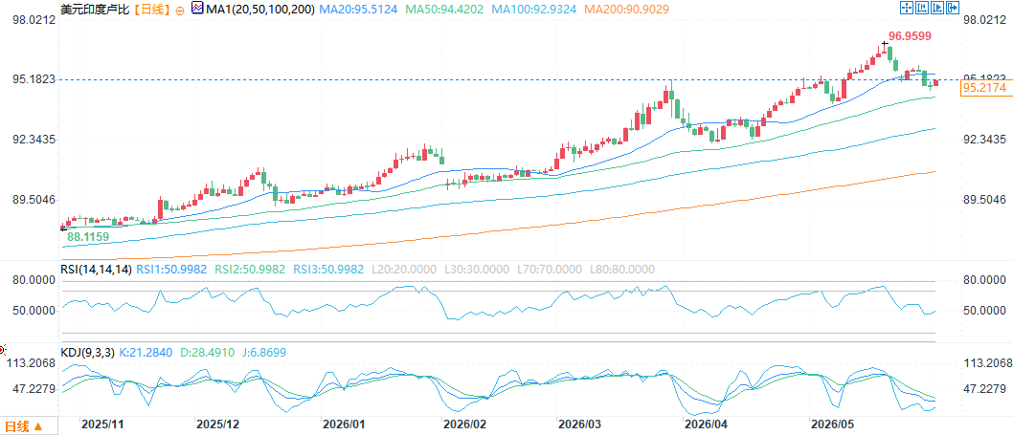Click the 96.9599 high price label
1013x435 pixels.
coord(910,36)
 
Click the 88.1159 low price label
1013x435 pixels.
coord(88,237)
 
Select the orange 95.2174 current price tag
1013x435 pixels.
coord(984,88)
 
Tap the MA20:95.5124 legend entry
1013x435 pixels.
coord(360,9)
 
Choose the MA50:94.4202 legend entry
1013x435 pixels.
coord(446,9)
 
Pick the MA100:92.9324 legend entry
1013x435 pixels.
coord(534,9)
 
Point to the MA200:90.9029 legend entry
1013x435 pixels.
coord(626,9)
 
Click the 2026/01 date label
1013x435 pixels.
coord(343,424)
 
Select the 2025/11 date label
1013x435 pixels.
coord(102,424)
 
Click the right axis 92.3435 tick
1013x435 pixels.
coord(984,140)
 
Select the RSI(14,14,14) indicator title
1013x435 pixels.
coord(96,270)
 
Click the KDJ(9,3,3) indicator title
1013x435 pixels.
coord(87,353)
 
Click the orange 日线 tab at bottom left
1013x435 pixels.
coord(23,426)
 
